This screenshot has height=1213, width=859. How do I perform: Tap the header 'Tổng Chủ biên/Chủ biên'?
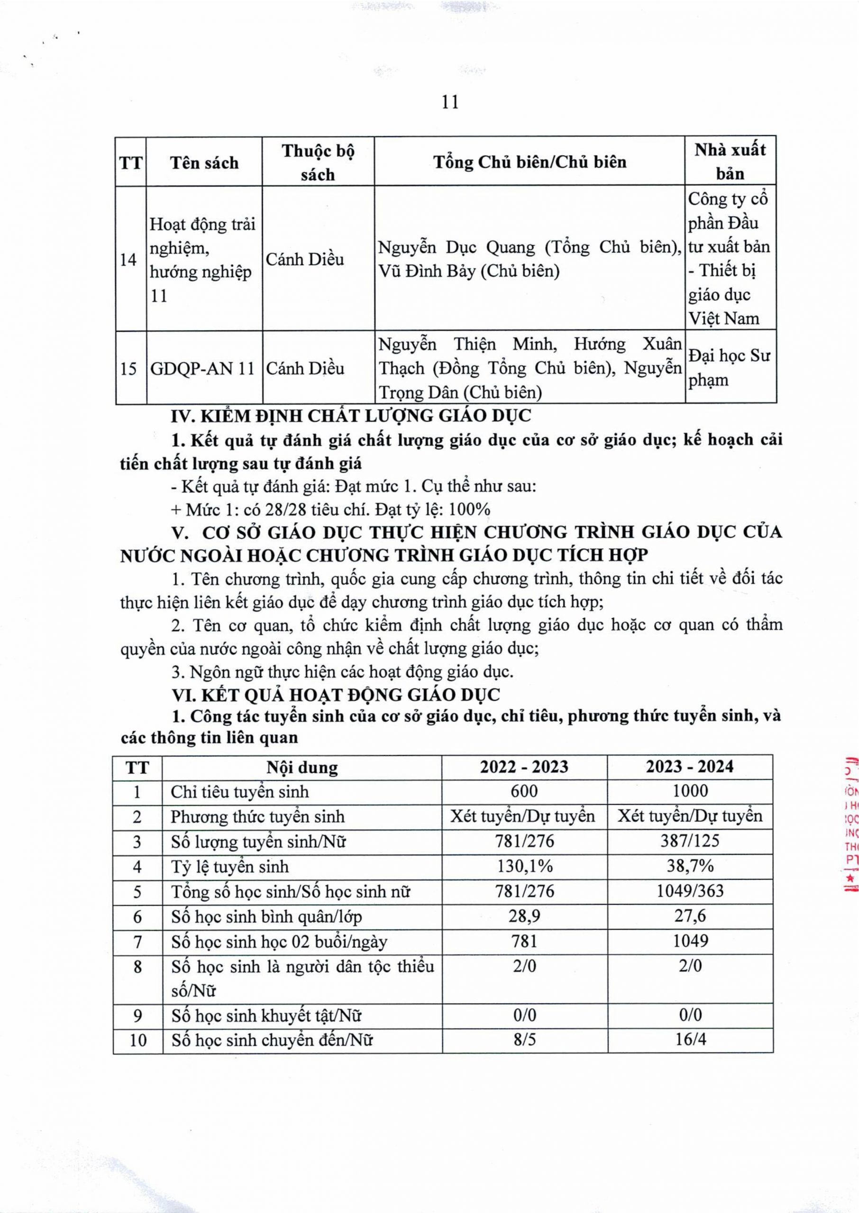[530, 161]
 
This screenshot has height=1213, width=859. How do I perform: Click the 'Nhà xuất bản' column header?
[730, 161]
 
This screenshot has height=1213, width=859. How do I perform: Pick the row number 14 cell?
[128, 260]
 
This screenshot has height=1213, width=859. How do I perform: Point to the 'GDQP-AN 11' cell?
[202, 368]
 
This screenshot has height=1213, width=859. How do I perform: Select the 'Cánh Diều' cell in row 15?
[305, 368]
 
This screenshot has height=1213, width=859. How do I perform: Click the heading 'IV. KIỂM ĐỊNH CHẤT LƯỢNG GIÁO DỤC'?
[351, 416]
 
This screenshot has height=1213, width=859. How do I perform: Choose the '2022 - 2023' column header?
[524, 767]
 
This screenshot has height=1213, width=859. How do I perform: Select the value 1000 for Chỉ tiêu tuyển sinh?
[690, 791]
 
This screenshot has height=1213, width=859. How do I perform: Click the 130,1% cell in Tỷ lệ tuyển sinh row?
[524, 866]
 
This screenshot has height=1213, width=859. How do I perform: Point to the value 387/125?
[690, 841]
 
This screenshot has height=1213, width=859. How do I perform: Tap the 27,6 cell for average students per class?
[690, 916]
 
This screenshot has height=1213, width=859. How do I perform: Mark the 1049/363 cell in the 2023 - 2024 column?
[690, 891]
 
